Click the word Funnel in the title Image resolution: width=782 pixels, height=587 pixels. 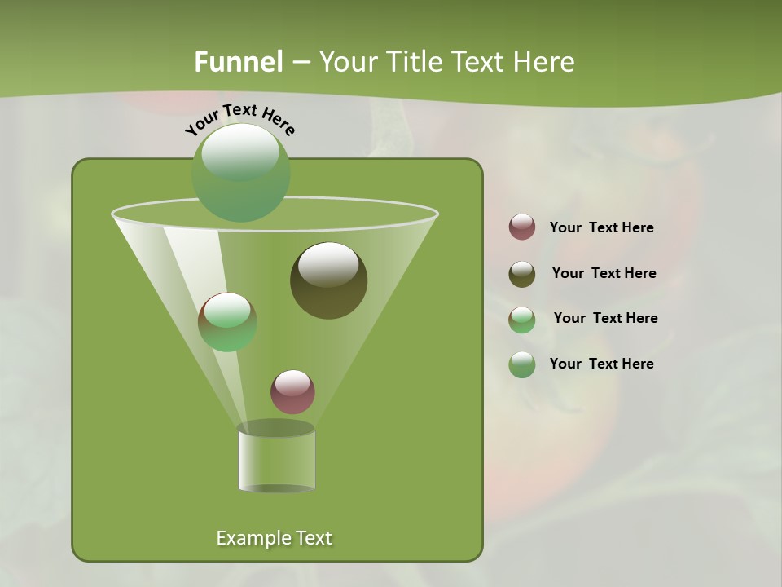click(x=238, y=61)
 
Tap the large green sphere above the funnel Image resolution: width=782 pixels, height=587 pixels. click(x=240, y=172)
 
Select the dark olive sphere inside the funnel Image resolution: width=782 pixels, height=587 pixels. click(x=328, y=280)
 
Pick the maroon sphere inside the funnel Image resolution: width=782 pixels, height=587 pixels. click(x=292, y=391)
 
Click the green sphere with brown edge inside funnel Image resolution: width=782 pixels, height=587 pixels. click(x=227, y=322)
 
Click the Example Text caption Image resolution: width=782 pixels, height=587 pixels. click(x=274, y=538)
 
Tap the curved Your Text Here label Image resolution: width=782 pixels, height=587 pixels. click(x=239, y=118)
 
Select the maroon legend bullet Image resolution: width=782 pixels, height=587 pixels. click(x=522, y=227)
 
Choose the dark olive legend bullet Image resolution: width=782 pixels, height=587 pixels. click(x=522, y=274)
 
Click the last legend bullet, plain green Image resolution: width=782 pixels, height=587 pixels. click(x=522, y=364)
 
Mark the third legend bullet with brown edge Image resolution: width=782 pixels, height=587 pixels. click(x=522, y=320)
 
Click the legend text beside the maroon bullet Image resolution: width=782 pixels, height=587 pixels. click(x=601, y=228)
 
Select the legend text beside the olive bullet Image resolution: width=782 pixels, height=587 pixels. click(x=604, y=274)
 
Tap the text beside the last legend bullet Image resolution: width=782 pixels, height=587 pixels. click(x=601, y=364)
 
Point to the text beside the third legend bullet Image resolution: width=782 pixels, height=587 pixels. click(x=605, y=319)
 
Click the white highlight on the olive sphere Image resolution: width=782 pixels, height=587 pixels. click(x=328, y=265)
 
